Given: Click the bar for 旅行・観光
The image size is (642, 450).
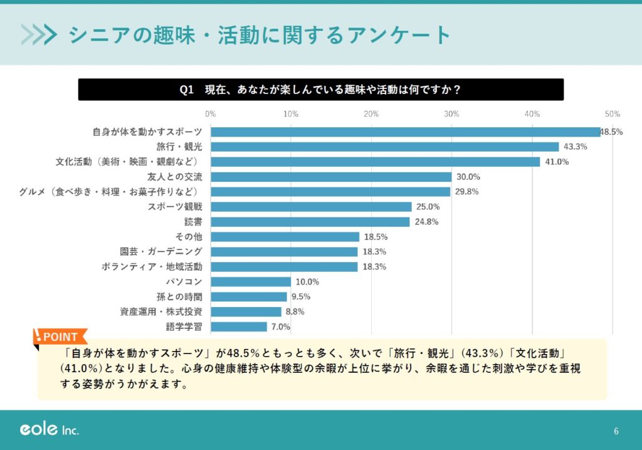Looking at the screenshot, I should pos(384,147).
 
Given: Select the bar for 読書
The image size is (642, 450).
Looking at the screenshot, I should pos(310,222).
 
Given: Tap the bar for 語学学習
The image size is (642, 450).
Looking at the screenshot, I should pos(239,327).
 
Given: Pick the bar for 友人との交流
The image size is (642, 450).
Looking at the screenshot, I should pos(331,177).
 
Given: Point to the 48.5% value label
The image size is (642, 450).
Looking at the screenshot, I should pos(611,132).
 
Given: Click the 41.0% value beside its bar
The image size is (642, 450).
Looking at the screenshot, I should pos(556,162).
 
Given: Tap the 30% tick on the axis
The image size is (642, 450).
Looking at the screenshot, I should pos(451,114).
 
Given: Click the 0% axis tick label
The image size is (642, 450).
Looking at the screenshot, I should pos(211,114).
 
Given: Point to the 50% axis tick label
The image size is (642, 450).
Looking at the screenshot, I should pos(613,114).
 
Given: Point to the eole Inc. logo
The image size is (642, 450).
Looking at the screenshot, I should pos(49,430).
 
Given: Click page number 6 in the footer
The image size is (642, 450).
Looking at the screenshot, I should pos(616,431).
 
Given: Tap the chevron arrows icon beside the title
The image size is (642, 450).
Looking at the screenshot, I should pos(39,34).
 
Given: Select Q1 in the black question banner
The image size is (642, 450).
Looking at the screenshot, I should pos(187,90).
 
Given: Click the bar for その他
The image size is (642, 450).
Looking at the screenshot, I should pos(285,237).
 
